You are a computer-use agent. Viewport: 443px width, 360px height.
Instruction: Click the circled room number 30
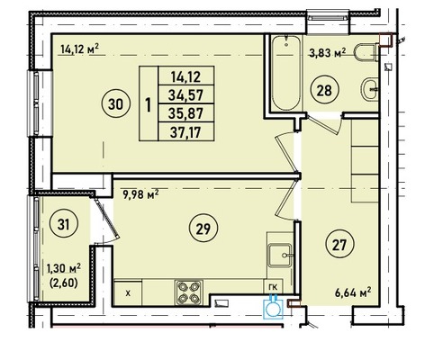[116, 104]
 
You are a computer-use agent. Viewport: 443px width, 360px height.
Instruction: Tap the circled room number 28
[324, 90]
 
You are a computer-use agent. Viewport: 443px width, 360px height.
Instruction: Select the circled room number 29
[203, 229]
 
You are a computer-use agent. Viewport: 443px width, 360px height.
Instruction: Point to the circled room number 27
[339, 245]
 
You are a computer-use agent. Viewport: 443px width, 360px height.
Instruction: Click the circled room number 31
[64, 224]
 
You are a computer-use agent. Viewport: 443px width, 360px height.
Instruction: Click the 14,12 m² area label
[79, 49]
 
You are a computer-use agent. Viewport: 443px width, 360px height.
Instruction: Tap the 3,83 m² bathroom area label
[328, 53]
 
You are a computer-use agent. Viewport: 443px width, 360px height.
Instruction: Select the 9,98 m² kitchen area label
[140, 194]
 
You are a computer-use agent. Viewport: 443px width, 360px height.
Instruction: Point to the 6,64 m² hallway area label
[353, 292]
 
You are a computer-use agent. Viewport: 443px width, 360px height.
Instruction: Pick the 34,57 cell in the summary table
[186, 94]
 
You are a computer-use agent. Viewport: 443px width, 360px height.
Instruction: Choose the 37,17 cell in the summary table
[186, 131]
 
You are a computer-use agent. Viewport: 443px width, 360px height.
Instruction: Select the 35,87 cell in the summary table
[186, 113]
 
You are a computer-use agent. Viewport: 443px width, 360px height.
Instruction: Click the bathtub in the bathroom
[286, 73]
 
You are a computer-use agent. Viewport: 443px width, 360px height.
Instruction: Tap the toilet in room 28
[366, 52]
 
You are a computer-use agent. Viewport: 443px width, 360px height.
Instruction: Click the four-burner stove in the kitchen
[189, 292]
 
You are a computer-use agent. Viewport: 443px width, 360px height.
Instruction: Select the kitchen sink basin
[280, 255]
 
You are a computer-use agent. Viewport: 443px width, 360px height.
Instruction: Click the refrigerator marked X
[128, 293]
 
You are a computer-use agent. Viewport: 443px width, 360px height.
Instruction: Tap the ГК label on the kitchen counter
[273, 287]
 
